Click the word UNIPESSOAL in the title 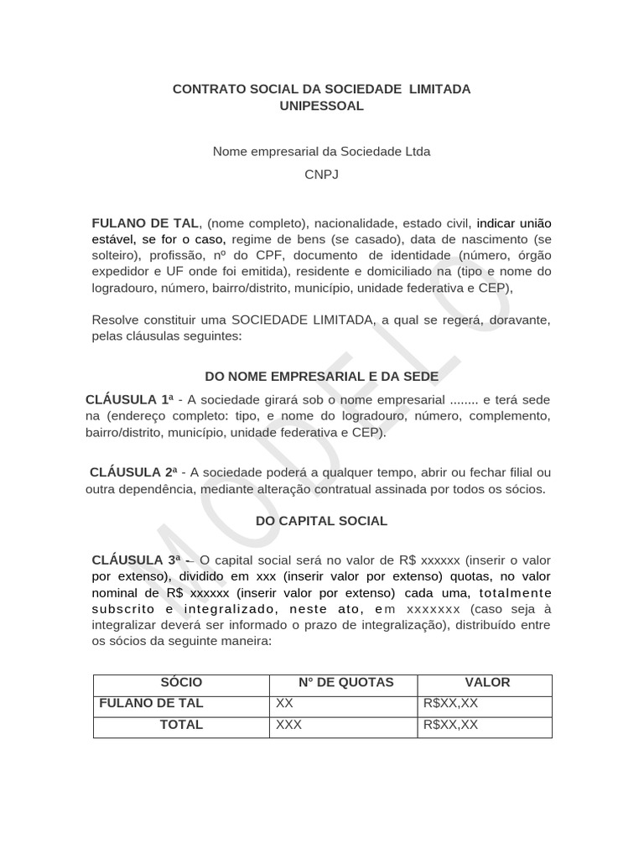click(321, 106)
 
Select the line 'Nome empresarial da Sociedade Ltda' click(321, 152)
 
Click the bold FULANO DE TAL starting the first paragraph click(145, 223)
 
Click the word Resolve click(115, 320)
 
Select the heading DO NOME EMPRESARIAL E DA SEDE click(321, 377)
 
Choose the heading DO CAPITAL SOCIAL click(321, 521)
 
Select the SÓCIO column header click(181, 683)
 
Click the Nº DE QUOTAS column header click(345, 683)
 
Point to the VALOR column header click(487, 683)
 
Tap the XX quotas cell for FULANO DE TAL click(284, 704)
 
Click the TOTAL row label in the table click(181, 725)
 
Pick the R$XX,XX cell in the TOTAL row click(451, 725)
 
